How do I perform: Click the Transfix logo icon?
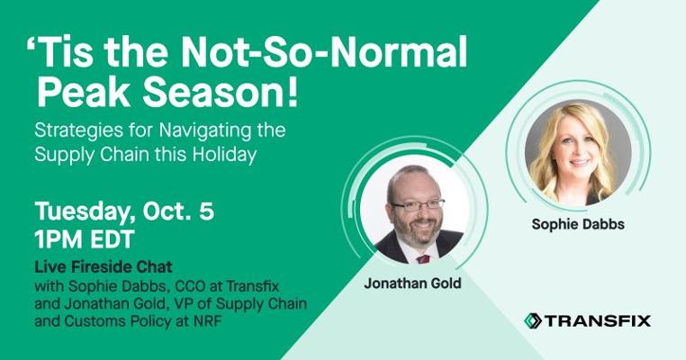[x=533, y=320]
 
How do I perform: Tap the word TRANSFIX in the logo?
[x=598, y=320]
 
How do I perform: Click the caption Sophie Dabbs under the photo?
[x=578, y=224]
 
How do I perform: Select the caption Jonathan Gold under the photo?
[x=412, y=283]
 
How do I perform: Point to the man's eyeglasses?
[x=418, y=204]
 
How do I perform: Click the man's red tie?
[x=422, y=259]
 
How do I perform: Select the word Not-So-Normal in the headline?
[x=324, y=51]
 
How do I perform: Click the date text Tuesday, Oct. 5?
[x=125, y=211]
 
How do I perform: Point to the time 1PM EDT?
[x=85, y=239]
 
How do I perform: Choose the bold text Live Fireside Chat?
[x=104, y=266]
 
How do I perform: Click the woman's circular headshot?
[x=578, y=152]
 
